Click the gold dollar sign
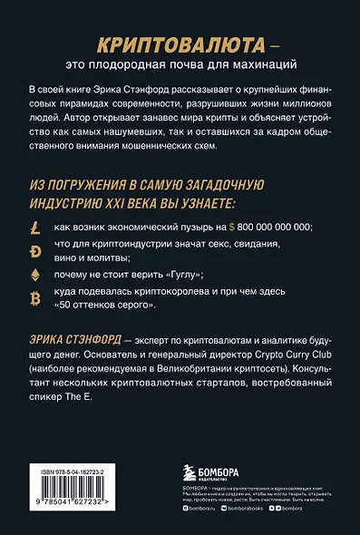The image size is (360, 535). [235, 226]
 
